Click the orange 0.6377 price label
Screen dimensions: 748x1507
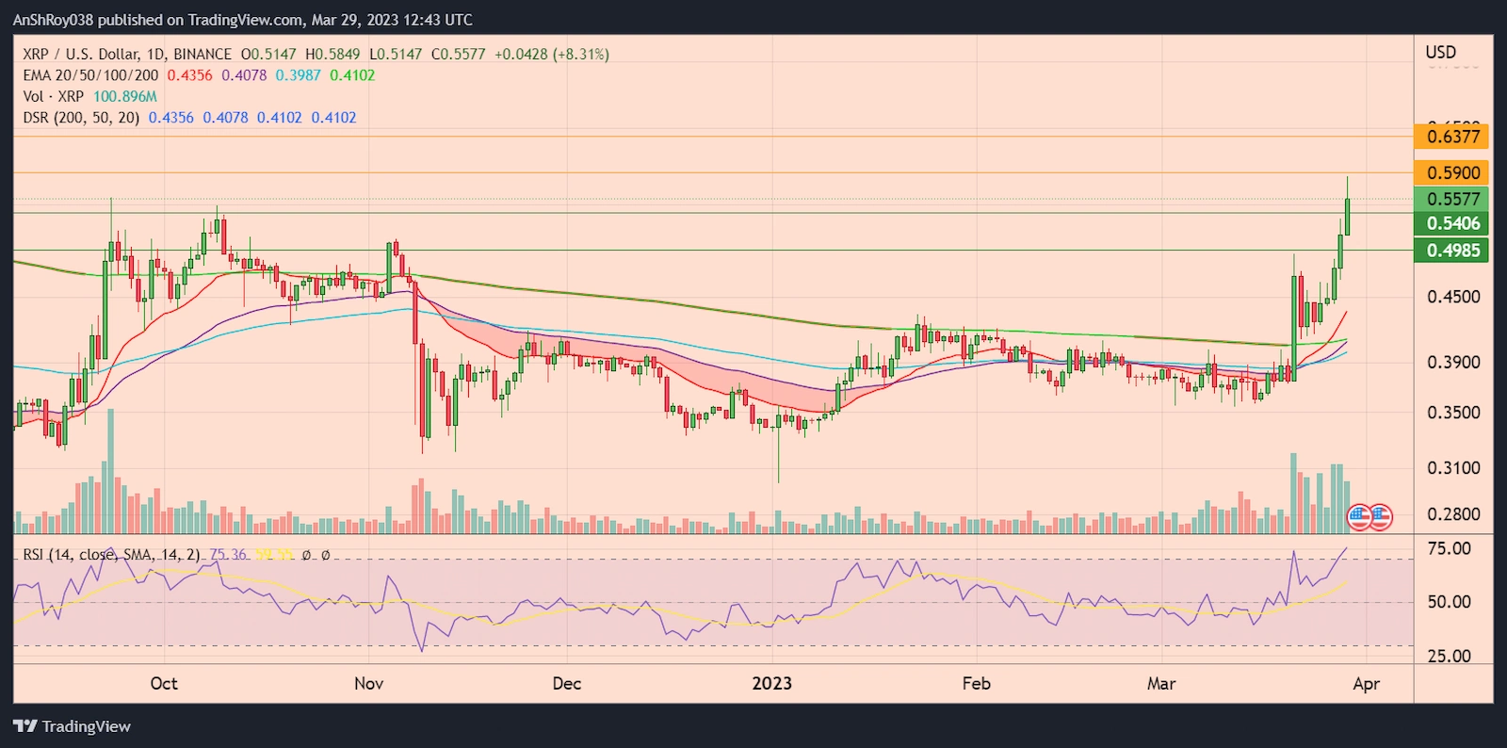[1451, 137]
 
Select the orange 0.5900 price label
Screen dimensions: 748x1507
[1451, 172]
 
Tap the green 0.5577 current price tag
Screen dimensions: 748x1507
[1451, 199]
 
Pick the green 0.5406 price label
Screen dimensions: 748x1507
[1451, 223]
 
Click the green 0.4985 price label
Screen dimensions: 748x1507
[1451, 251]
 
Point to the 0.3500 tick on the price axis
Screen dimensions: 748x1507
[1453, 413]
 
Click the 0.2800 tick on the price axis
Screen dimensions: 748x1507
[1453, 514]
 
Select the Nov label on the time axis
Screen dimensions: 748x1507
[368, 684]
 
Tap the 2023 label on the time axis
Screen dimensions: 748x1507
[771, 684]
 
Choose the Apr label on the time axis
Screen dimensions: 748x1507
[1366, 684]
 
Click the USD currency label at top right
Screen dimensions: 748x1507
[1440, 53]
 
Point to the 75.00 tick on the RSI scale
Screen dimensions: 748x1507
[1449, 548]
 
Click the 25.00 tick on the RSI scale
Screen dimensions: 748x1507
[1449, 657]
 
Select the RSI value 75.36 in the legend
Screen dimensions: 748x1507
[228, 555]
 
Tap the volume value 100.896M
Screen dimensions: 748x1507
[125, 96]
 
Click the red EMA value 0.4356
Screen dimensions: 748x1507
[189, 75]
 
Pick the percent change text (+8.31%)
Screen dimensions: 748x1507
[581, 55]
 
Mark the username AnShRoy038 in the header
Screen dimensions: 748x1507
[53, 20]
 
